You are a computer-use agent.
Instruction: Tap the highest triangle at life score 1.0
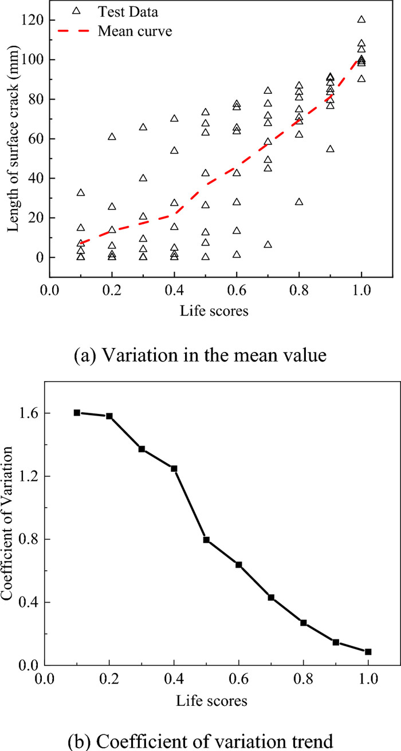coord(361,19)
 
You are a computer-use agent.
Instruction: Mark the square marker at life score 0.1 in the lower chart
coord(77,413)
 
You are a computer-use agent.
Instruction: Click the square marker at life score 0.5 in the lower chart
coord(206,540)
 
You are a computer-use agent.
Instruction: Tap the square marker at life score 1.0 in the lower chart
coord(368,651)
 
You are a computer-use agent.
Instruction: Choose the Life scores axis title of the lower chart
coord(207,699)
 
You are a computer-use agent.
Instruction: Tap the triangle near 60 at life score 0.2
coord(112,137)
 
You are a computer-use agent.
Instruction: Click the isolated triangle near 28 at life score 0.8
coord(299,202)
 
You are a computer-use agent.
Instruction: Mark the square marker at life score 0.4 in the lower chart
coord(174,469)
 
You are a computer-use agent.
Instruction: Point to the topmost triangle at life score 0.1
coord(81,193)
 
